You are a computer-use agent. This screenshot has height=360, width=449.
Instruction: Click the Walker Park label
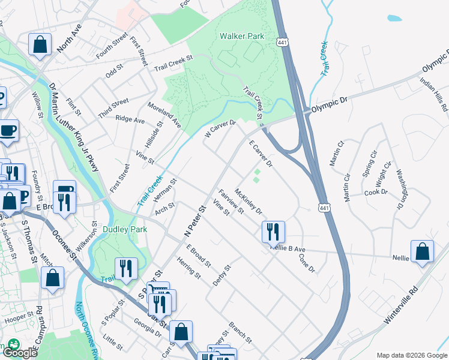coord(241,36)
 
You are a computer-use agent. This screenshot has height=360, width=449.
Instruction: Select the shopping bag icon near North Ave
coord(39,45)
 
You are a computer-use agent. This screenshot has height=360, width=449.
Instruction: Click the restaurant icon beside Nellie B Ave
coord(273,231)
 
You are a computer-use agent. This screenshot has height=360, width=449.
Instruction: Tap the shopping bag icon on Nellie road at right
coord(422,252)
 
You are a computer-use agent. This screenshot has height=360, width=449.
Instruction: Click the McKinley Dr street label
coord(248,201)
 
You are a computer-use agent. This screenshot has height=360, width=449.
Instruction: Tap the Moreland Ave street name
coord(166,114)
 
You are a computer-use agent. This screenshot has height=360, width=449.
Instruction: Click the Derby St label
coord(222,275)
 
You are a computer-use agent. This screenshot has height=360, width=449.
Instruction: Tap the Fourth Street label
coord(111,46)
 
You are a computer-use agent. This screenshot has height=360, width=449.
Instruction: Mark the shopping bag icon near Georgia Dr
coord(181,331)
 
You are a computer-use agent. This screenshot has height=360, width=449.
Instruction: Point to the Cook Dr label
coord(376,193)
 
